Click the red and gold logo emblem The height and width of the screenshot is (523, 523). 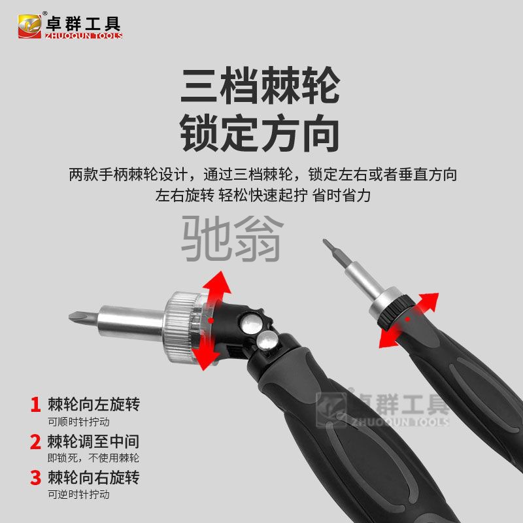pos(29,26)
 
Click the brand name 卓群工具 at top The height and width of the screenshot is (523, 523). pos(83,24)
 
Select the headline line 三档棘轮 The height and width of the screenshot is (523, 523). pos(260,85)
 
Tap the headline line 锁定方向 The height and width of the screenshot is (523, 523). pos(260,133)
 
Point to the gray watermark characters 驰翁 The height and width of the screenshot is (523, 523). pos(232,238)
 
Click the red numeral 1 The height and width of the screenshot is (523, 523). pos(35,404)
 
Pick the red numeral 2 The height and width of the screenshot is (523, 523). pos(35,441)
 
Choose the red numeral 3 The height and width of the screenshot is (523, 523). pos(35,477)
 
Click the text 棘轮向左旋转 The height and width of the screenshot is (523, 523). pos(93,404)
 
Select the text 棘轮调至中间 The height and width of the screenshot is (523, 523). pos(93,441)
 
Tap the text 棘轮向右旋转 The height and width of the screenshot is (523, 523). pos(93,477)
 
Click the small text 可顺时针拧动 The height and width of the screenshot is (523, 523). pos(78,422)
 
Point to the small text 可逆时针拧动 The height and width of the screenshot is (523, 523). pos(78,494)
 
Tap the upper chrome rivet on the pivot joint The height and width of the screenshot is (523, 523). pos(251,322)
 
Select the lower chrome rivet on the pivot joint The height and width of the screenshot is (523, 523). pos(267,341)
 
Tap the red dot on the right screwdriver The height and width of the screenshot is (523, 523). pos(407,319)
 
